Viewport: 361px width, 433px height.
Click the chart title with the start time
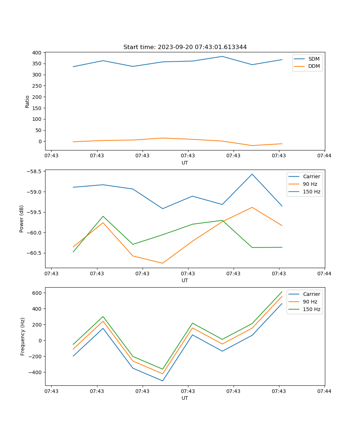pos(185,47)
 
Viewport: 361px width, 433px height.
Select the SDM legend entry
pos(314,59)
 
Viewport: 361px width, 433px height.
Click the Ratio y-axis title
pos(27,101)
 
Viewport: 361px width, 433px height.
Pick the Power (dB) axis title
pos(22,219)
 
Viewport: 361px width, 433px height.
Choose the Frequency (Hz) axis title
pos(22,336)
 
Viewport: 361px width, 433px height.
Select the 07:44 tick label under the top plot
pos(324,156)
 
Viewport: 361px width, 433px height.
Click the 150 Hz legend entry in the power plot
pos(312,192)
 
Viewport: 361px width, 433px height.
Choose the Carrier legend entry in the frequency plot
pos(311,294)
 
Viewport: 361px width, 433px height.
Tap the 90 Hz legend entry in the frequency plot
pos(310,302)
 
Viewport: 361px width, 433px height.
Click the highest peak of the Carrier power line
pos(252,174)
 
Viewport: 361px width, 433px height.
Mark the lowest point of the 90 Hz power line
pos(162,263)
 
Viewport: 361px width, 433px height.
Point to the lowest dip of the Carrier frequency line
pos(162,381)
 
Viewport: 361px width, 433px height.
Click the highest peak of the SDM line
pos(222,56)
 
